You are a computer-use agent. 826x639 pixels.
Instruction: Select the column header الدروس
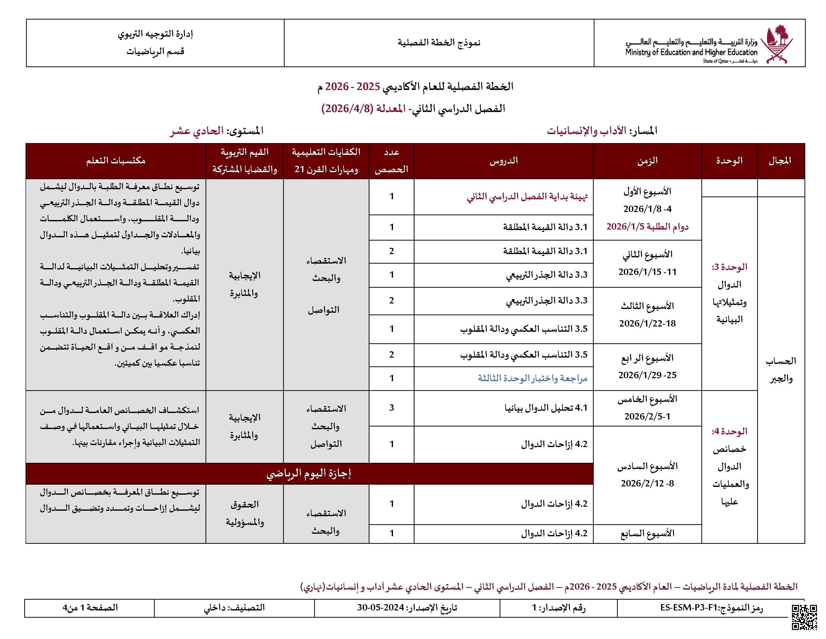coord(503,161)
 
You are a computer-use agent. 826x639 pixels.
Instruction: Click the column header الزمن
coord(647,161)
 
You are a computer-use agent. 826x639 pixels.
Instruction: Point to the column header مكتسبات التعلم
coord(116,161)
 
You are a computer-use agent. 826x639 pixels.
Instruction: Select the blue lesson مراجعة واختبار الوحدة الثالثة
coord(532,378)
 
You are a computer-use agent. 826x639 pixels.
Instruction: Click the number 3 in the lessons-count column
coord(391,408)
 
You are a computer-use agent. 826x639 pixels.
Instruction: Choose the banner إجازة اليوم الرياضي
coord(309,474)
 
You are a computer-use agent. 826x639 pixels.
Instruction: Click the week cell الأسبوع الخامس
coord(647,399)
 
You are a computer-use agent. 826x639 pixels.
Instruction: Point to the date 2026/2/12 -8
coord(647,483)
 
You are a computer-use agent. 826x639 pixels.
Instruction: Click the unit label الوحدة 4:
coord(729,432)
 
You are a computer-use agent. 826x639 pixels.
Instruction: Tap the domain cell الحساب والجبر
coord(781,369)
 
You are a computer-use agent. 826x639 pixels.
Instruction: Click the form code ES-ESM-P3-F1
coord(689,608)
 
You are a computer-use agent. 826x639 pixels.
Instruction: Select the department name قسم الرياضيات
coord(155,51)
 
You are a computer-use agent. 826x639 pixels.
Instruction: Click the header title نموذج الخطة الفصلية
coord(439,42)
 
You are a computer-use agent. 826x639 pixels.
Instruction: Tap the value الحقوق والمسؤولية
coord(245,513)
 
